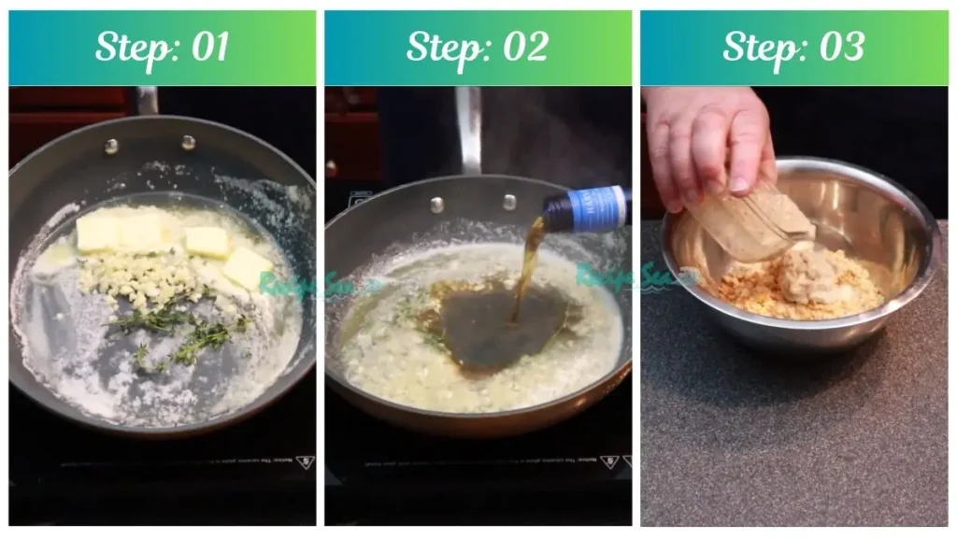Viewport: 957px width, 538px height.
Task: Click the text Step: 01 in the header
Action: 162,48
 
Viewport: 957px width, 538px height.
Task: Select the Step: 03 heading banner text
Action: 793,48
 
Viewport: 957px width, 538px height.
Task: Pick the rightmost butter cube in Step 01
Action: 248,267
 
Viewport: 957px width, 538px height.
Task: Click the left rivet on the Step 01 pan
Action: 111,146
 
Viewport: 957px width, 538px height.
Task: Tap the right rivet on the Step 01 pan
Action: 188,143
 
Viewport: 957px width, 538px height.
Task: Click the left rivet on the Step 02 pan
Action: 436,205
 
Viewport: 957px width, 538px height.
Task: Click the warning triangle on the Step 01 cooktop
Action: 304,462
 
